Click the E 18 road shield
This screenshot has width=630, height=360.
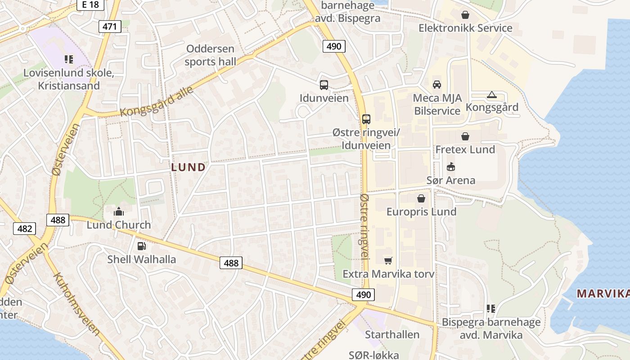tap(90, 4)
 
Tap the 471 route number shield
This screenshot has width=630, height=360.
tap(109, 27)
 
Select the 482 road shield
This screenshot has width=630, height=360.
tap(24, 229)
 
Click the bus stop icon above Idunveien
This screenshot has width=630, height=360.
tap(324, 85)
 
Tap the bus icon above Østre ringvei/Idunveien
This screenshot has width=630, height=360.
tap(366, 119)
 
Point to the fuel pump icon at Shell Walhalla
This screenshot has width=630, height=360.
tap(141, 246)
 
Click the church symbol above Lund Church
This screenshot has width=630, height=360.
tap(119, 211)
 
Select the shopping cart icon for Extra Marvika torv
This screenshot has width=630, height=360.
tap(388, 261)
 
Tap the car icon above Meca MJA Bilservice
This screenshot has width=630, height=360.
tap(436, 85)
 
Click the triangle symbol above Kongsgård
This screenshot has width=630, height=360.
tap(491, 94)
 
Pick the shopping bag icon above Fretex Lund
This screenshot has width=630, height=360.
tap(465, 136)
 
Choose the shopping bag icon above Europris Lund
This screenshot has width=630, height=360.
tap(421, 198)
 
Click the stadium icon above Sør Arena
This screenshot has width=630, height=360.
tap(450, 167)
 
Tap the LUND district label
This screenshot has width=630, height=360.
tap(188, 167)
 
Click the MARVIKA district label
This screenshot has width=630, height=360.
tap(603, 294)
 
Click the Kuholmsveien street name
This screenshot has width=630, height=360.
tap(76, 304)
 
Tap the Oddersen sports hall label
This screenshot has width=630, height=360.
tap(210, 55)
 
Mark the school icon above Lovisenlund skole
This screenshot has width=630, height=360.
tap(68, 59)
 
